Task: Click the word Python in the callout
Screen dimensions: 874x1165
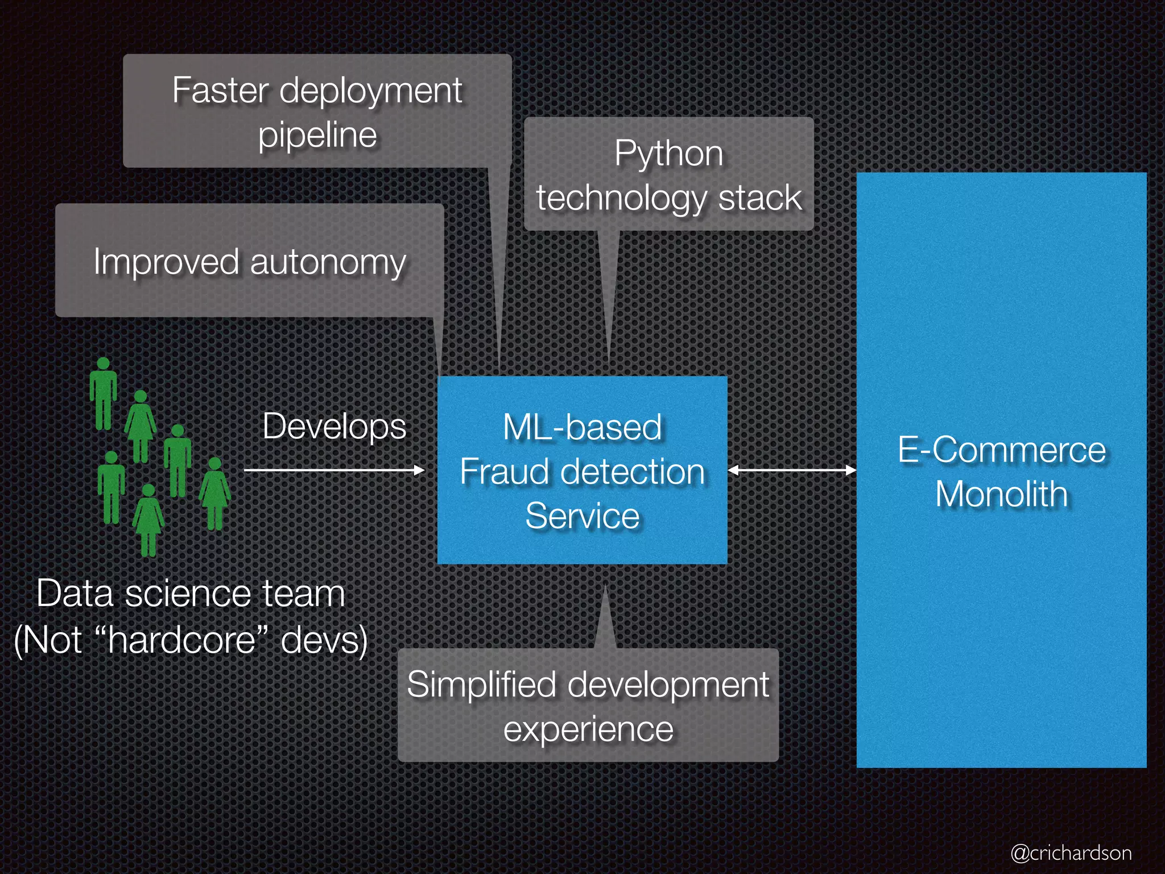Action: tap(668, 154)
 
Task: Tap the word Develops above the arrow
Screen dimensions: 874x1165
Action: tap(334, 427)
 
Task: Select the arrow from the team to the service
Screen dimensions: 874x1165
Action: tap(334, 470)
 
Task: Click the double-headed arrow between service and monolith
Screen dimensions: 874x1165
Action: tap(792, 470)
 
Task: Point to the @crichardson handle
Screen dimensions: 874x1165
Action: tap(1071, 852)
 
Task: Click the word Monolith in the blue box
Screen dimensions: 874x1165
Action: tap(1002, 493)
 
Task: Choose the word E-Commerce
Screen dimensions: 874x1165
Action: tap(1002, 450)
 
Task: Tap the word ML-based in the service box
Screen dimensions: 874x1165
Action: tap(582, 427)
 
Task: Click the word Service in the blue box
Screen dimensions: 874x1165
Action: tap(582, 516)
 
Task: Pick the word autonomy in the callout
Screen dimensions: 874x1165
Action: tap(328, 262)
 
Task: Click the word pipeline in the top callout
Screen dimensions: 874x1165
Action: tap(317, 135)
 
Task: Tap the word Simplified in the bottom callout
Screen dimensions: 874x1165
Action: tap(481, 685)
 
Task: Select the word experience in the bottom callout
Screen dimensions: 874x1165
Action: tap(588, 729)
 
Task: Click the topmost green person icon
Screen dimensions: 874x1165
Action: tap(103, 393)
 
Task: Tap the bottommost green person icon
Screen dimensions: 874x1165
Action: tap(148, 519)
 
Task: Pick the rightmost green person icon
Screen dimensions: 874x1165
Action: tap(214, 493)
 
